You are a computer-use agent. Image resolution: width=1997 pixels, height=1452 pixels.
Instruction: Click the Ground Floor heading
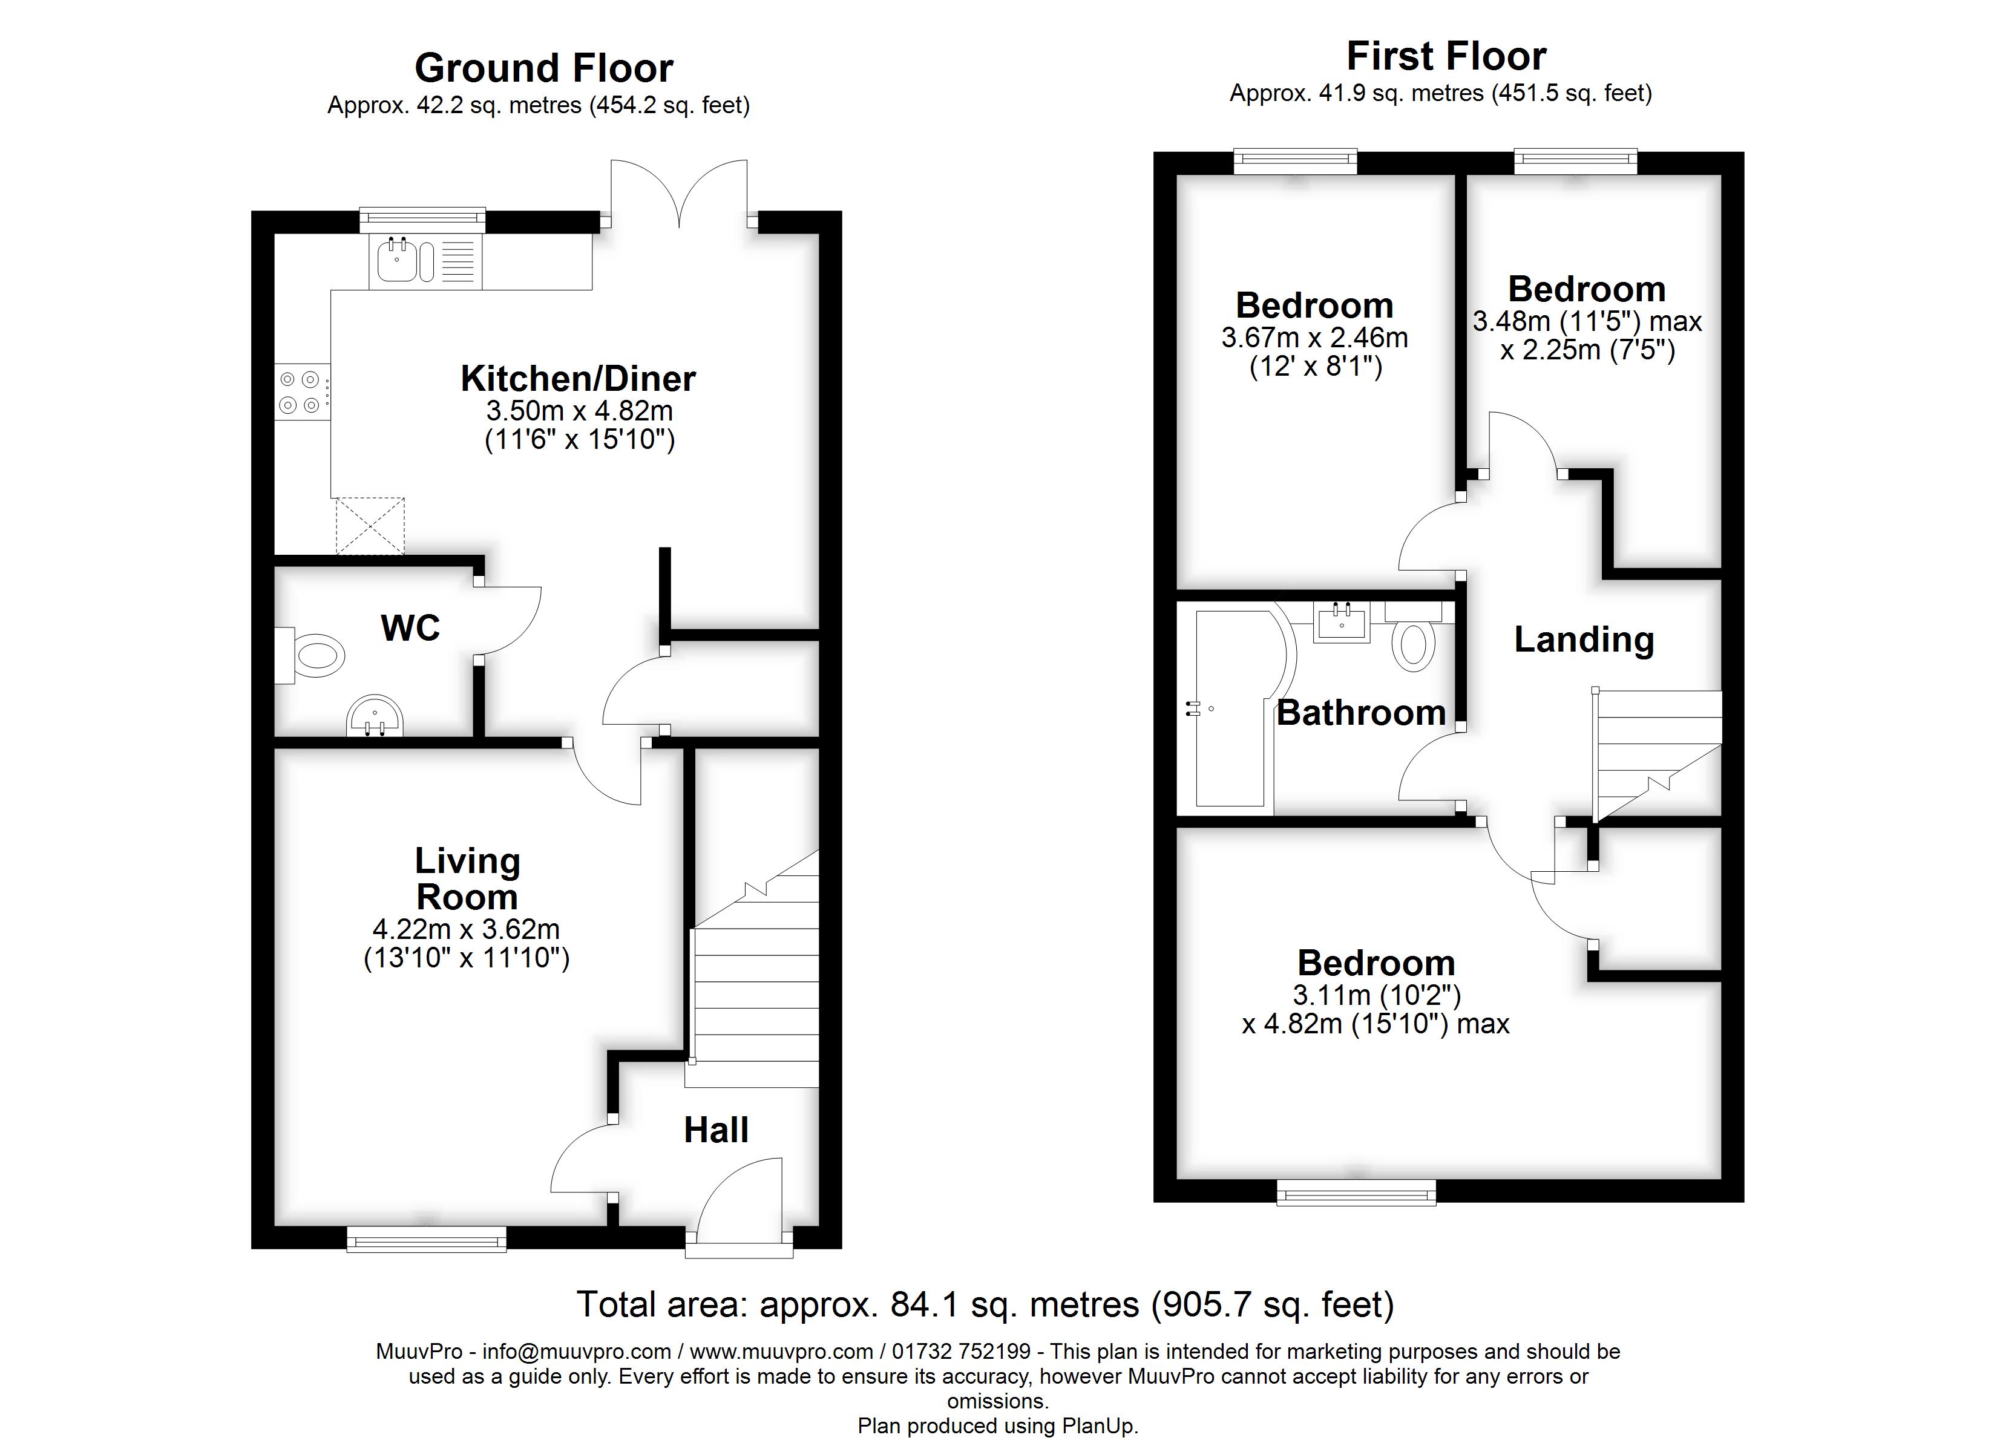[x=543, y=68]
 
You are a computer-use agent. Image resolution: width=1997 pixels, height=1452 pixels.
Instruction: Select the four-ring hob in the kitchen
[x=300, y=392]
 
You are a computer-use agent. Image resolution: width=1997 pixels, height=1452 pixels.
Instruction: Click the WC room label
[x=410, y=628]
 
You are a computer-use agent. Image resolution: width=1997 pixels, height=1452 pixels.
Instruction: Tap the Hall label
[x=716, y=1130]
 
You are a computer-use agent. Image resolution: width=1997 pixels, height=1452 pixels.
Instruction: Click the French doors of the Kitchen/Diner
[x=679, y=192]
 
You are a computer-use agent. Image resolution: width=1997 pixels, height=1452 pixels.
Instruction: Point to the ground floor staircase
[x=757, y=986]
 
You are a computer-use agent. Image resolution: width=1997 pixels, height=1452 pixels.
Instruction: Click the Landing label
[x=1583, y=639]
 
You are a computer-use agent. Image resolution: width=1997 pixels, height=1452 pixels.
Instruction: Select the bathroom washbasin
[x=1342, y=623]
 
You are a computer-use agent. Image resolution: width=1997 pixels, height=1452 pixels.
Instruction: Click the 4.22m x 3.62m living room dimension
[x=467, y=929]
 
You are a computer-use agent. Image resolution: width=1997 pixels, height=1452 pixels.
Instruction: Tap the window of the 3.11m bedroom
[x=1356, y=1194]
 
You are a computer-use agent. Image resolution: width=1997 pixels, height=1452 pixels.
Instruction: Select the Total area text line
[x=985, y=1304]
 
